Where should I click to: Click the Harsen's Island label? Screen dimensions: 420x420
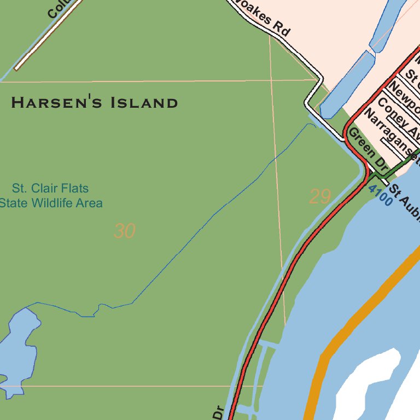95,103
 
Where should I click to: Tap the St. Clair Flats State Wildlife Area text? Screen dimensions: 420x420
50,196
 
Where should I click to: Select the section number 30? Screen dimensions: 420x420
124,231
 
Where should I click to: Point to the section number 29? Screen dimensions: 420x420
320,197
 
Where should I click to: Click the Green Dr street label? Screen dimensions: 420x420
367,148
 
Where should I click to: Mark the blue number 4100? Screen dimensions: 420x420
380,195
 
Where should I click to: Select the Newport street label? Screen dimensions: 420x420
405,96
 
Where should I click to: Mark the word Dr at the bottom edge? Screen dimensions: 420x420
218,412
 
